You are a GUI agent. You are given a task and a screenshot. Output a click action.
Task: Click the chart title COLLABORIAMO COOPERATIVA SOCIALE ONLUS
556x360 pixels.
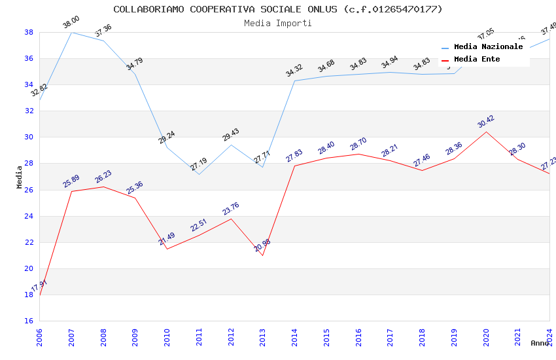(278, 9)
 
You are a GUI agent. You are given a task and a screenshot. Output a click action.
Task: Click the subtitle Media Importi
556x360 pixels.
(278, 23)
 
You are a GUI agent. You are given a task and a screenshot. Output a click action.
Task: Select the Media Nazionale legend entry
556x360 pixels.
(488, 47)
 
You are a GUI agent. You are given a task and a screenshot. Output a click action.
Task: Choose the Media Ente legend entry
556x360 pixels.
(477, 60)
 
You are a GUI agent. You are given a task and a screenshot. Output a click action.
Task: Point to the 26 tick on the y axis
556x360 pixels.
(29, 190)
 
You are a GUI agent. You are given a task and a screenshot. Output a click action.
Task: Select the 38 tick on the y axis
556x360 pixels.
(29, 32)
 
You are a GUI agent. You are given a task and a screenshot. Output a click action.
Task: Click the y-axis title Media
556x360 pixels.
(20, 177)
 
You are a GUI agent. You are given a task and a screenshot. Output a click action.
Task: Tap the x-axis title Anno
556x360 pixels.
(540, 343)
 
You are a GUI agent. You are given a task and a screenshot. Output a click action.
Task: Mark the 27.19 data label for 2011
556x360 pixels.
(199, 164)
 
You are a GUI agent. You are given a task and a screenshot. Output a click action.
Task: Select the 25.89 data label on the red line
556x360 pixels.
(71, 181)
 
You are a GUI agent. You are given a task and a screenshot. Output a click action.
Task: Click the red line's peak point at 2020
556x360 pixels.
(486, 132)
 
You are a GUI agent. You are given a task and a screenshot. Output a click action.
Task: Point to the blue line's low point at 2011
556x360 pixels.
(199, 174)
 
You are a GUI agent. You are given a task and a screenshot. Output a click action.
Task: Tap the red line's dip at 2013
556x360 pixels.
(262, 255)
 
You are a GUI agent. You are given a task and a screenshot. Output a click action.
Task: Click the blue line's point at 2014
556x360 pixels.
(294, 81)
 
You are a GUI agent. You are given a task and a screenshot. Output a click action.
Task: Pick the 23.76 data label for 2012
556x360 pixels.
(231, 209)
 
